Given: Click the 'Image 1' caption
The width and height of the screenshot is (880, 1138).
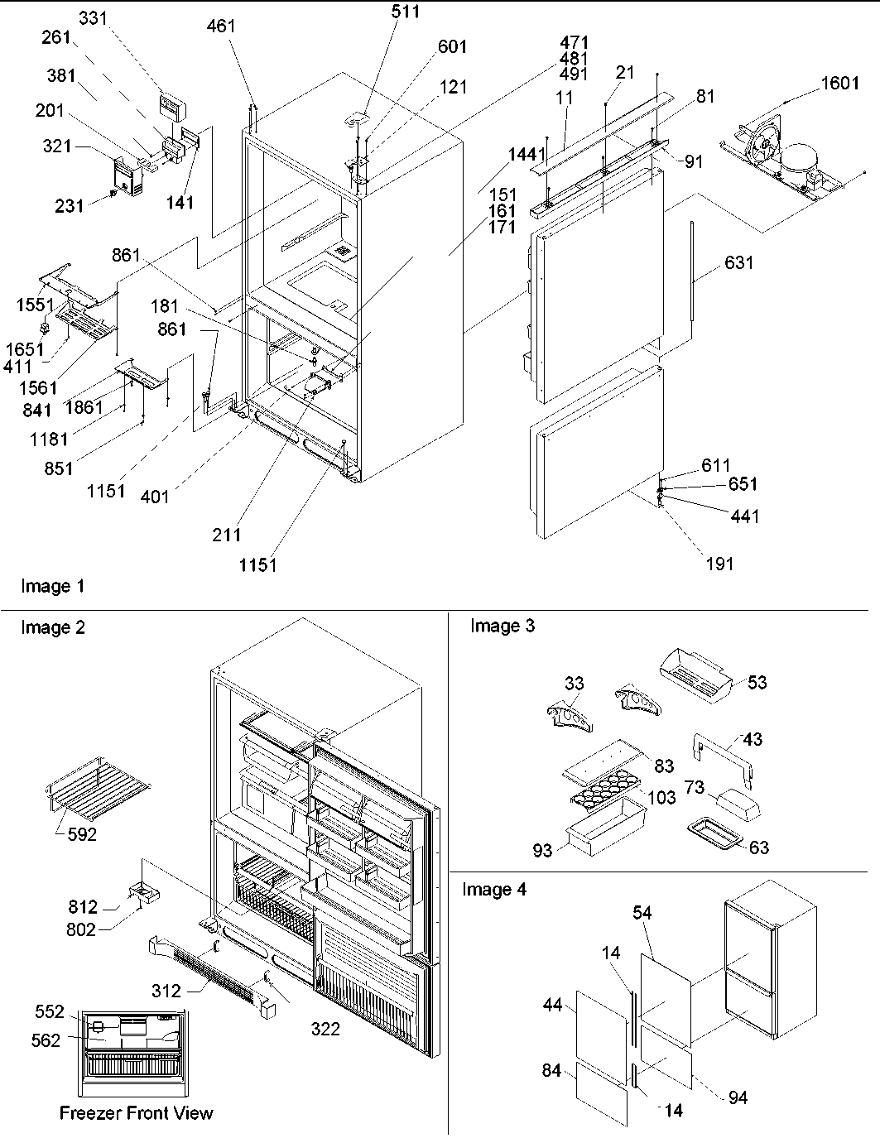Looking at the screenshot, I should click(52, 587).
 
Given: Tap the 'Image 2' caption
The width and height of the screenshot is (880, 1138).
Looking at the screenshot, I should click(52, 627).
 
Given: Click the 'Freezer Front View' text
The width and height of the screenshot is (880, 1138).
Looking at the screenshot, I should click(136, 1112).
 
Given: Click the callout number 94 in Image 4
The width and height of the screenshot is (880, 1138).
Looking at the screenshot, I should click(738, 1097).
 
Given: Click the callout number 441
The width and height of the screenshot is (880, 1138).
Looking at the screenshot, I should click(745, 516).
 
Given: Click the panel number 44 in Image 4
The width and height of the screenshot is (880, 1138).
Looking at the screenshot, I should click(553, 1005).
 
